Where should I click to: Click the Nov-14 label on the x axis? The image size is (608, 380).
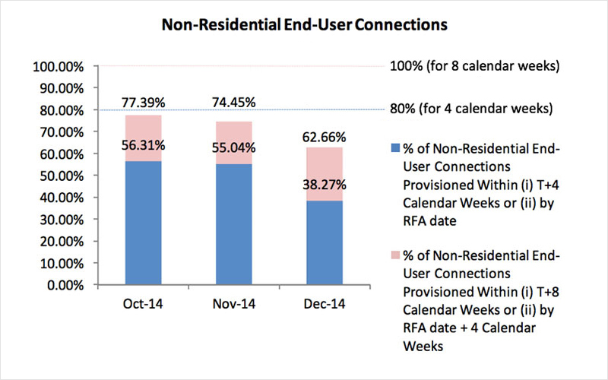pyautogui.click(x=233, y=304)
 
